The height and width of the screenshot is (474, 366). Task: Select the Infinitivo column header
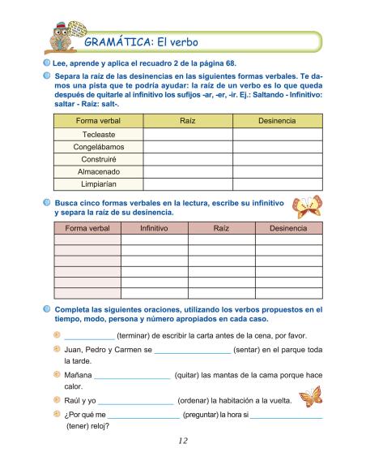tap(154, 229)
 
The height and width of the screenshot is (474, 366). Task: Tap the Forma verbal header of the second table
tap(87, 229)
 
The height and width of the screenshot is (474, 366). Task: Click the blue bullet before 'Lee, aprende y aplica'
tap(47, 64)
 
